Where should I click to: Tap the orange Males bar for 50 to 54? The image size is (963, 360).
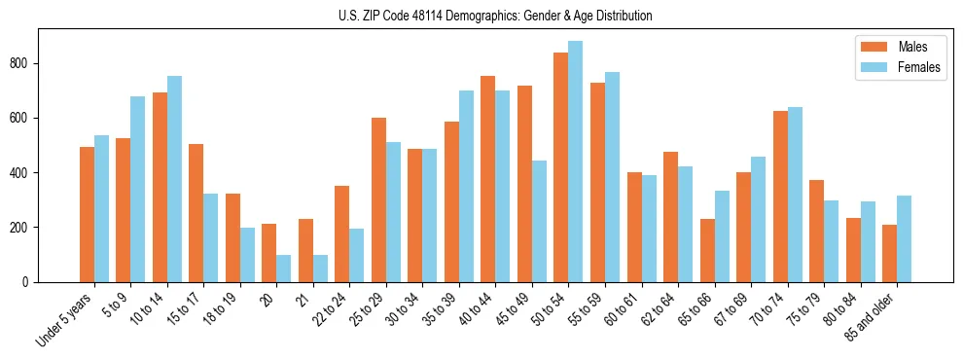561,167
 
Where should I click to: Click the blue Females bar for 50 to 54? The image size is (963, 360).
576,162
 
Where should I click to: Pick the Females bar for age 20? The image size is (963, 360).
284,269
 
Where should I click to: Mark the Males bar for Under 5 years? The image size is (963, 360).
87,214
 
